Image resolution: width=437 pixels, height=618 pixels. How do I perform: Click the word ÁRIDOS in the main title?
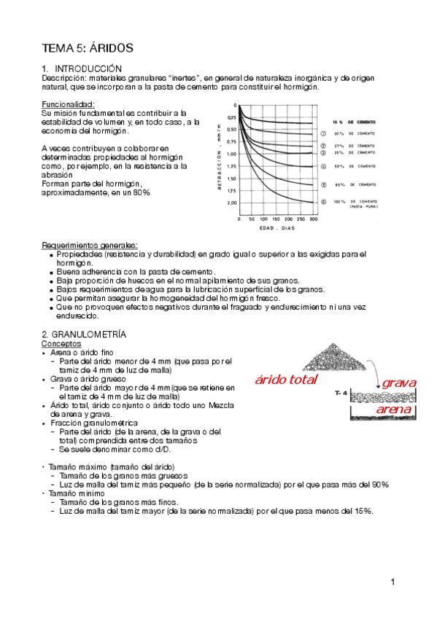[110, 48]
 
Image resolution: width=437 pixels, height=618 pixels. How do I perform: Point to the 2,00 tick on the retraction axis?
[231, 203]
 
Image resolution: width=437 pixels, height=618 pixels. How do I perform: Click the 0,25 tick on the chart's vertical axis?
[231, 117]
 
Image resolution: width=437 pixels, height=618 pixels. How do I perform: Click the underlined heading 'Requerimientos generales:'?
[90, 245]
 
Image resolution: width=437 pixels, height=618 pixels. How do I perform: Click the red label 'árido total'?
[286, 380]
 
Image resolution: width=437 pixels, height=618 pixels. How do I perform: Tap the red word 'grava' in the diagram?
[399, 383]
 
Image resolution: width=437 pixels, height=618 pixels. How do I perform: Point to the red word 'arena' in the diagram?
[394, 410]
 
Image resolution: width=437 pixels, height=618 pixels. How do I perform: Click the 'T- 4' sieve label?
[339, 394]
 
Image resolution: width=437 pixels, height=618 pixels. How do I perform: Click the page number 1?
[392, 582]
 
